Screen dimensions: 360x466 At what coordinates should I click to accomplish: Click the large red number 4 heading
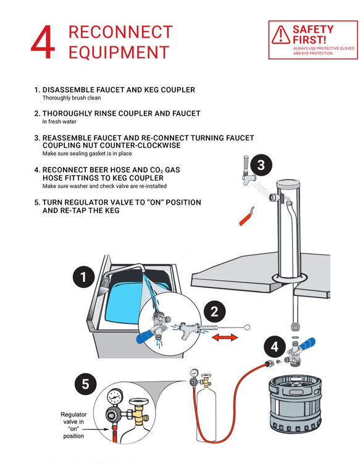tap(43, 42)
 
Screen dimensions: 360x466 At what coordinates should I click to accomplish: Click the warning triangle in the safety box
tap(280, 35)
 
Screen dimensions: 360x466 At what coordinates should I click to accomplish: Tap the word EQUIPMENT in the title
tap(119, 53)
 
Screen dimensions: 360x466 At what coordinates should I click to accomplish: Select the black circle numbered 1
tap(84, 277)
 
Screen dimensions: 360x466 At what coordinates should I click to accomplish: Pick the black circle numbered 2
tap(214, 311)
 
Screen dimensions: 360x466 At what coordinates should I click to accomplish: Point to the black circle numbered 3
tap(261, 165)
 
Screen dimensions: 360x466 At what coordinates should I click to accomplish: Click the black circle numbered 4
tap(275, 347)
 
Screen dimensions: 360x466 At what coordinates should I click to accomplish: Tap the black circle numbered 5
tap(86, 384)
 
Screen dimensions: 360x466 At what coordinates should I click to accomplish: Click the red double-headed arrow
tap(225, 337)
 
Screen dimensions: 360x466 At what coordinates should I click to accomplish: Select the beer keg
tap(295, 404)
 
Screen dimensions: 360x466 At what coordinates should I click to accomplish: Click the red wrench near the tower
tap(246, 217)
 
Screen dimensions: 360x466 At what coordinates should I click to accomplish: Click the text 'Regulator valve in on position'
tap(73, 425)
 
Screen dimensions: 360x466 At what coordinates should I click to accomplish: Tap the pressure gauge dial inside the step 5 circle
tap(115, 397)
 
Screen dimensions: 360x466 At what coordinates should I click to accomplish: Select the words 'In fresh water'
tap(59, 122)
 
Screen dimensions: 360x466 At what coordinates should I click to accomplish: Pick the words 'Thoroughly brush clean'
tap(72, 98)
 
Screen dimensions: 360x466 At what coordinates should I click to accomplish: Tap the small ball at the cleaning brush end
tap(247, 327)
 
